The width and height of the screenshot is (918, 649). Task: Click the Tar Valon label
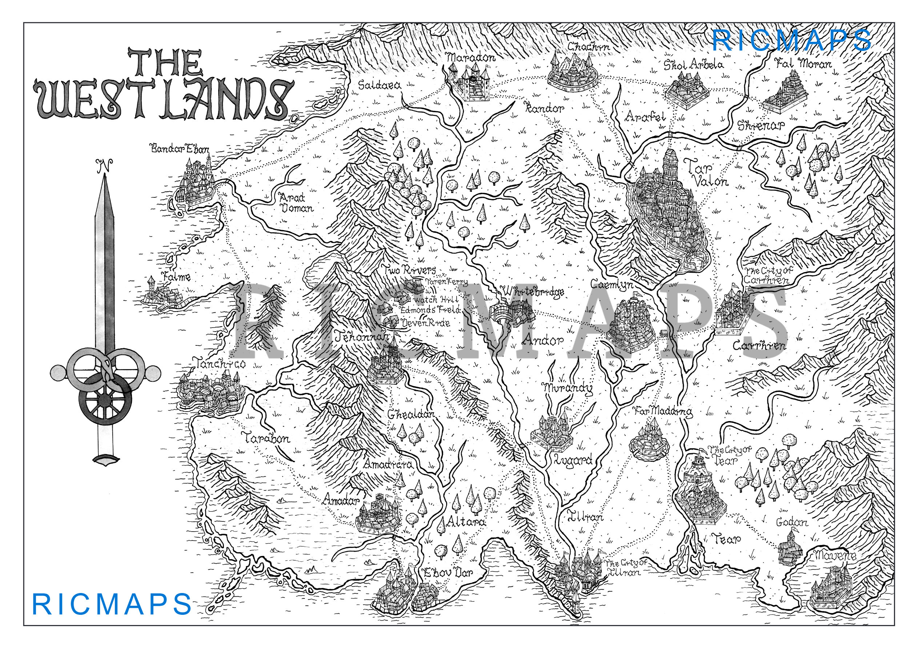pos(706,173)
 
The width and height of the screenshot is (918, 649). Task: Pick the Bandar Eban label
pos(180,149)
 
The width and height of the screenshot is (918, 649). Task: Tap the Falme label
pos(176,276)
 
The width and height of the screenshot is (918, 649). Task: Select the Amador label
pos(341,500)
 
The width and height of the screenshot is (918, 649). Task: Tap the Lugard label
pos(572,460)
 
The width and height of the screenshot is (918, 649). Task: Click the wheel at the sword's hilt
pos(105,400)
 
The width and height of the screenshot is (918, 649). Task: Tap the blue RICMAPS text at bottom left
pos(112,605)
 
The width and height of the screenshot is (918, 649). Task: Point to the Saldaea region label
pos(379,85)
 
